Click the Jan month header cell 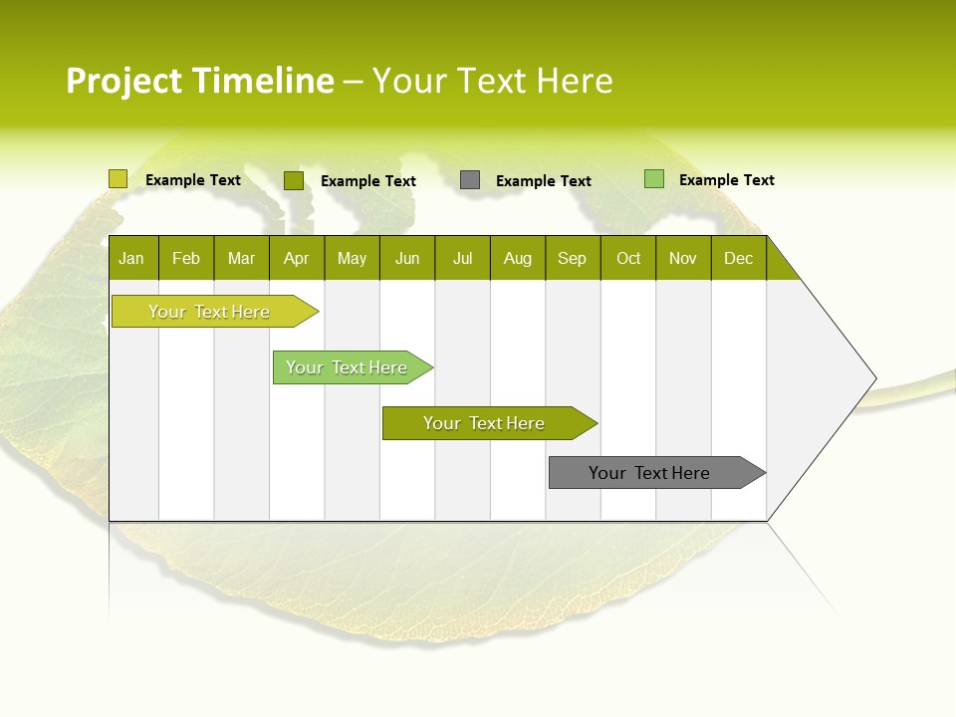coord(132,258)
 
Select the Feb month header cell coord(186,258)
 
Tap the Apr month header coord(296,258)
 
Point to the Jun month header coord(407,258)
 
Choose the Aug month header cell coord(517,258)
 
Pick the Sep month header coord(573,258)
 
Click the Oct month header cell coord(628,258)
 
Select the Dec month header coord(738,258)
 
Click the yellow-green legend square coord(118,179)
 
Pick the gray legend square coord(470,180)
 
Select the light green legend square coord(653,179)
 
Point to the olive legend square coord(293,180)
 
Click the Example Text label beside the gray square coord(543,181)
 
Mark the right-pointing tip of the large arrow coord(874,378)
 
